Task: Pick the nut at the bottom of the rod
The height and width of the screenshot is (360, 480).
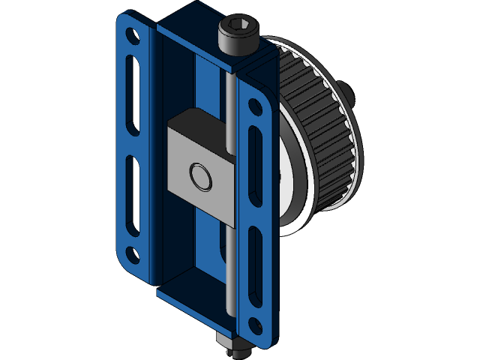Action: pyautogui.click(x=235, y=346)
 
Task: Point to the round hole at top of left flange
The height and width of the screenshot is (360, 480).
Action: pyautogui.click(x=132, y=35)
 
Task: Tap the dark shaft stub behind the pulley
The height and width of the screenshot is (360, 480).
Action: pyautogui.click(x=349, y=94)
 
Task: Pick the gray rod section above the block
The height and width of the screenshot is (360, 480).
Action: pyautogui.click(x=226, y=97)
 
